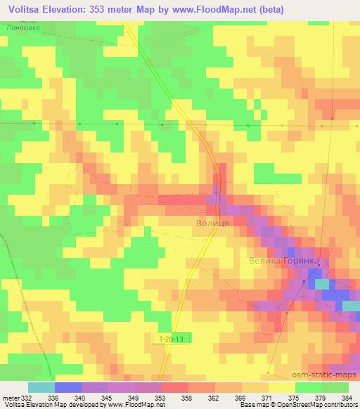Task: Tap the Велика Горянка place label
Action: click(x=284, y=261)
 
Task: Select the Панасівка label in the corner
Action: click(x=22, y=27)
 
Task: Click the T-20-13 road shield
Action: click(x=172, y=339)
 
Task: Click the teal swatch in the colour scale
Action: click(x=41, y=387)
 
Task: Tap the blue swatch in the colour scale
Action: click(x=68, y=387)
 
